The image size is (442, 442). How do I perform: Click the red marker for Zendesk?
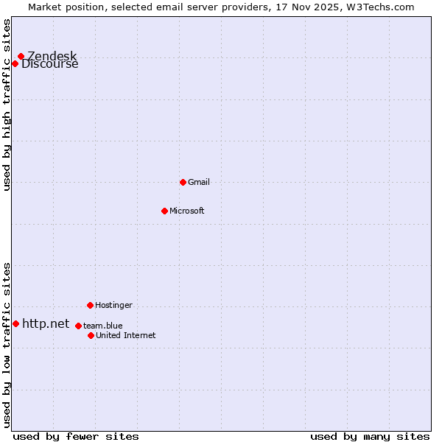pos(21,56)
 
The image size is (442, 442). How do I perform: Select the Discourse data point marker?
pos(15,63)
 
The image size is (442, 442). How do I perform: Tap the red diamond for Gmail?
pos(183,182)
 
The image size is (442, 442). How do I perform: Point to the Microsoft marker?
pos(164,211)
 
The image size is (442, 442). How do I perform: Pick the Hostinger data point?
pos(90,305)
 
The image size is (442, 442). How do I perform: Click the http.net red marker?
pos(15,323)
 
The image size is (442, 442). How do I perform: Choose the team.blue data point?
pos(78,326)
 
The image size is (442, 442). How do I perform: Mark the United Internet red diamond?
pos(91,335)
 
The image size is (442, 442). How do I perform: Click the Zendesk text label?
pos(52,56)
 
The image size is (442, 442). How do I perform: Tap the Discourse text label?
pos(49,64)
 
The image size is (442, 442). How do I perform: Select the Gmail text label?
pos(199,182)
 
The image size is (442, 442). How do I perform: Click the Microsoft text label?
pos(186,211)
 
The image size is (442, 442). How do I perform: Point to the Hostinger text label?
pos(113,305)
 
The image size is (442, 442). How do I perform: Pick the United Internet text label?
pos(125,335)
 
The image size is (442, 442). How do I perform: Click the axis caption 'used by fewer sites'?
pos(76,436)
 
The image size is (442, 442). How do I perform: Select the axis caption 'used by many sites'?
pos(370,436)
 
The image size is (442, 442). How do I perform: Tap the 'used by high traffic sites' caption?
pos(7,105)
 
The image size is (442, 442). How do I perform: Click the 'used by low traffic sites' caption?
pos(7,344)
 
